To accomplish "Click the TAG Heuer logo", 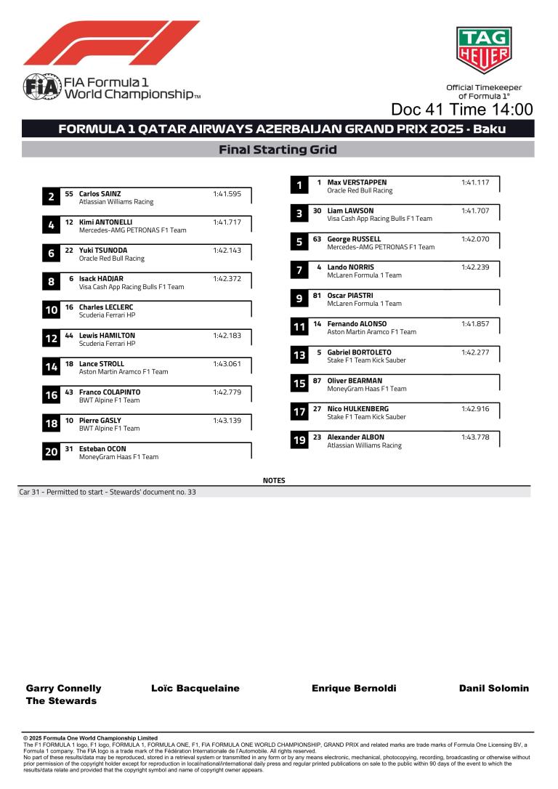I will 483,51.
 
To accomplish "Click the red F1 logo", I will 111,43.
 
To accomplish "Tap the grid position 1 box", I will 299,186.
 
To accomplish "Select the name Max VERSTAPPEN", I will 357,182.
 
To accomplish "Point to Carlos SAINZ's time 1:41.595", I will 227,194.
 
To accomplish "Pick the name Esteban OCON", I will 102,449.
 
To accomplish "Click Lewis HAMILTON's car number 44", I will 69,336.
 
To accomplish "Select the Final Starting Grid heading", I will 278,150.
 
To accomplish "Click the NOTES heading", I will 274,480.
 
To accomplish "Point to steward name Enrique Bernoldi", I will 354,688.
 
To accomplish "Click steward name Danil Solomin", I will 494,688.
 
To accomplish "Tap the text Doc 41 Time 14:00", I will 461,110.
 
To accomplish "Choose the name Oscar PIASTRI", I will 350,296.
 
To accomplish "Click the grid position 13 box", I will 299,356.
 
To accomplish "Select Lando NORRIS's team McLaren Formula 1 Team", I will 364,275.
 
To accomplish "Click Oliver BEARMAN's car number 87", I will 317,381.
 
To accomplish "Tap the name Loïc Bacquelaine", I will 195,688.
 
